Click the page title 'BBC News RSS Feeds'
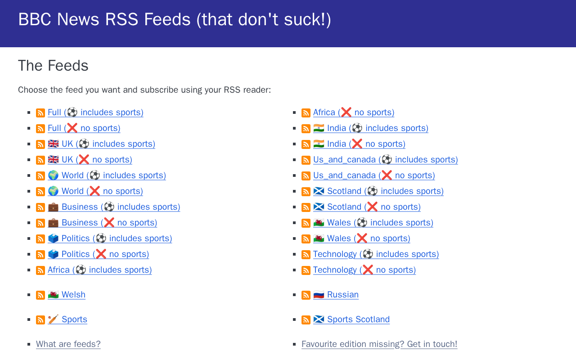point(104,19)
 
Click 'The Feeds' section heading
point(53,66)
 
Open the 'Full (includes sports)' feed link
point(95,112)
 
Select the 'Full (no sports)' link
point(84,128)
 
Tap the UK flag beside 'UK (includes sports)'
point(53,144)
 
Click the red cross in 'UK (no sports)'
point(84,160)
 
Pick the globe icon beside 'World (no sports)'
point(53,191)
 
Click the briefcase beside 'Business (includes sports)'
point(53,207)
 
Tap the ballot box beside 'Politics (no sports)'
point(53,254)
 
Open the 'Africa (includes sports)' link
point(100,270)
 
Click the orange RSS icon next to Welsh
point(40,295)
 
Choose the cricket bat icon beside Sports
point(53,319)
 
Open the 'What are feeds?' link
point(68,344)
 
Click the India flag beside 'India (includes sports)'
point(319,128)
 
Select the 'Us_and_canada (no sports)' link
point(374,175)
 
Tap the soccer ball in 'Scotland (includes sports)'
point(372,191)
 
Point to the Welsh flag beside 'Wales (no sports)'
point(319,238)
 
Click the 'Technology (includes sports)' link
point(376,254)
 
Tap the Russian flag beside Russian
point(319,295)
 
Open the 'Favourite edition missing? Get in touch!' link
point(379,344)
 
